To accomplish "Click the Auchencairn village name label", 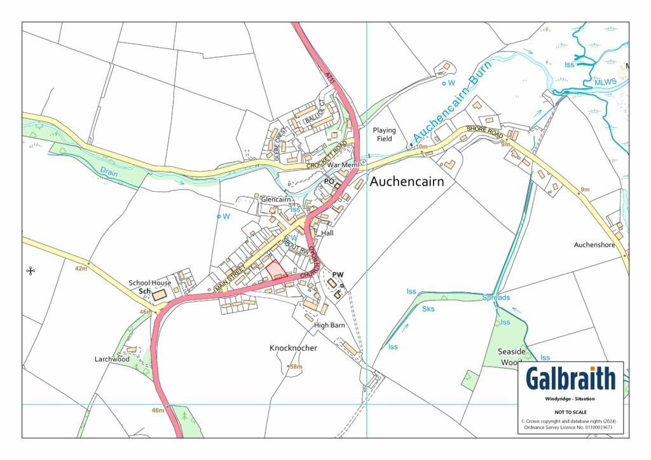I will click(406, 181).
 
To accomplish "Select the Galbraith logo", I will click(570, 379).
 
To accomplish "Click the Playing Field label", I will click(384, 134).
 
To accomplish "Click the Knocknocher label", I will click(293, 348).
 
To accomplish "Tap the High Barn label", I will click(329, 325).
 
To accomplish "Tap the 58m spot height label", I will click(296, 367).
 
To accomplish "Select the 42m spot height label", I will click(80, 269).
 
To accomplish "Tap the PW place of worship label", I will click(338, 274).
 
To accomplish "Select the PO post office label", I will click(329, 181).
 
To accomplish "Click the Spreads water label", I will click(495, 297).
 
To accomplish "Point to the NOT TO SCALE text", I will click(570, 412).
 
